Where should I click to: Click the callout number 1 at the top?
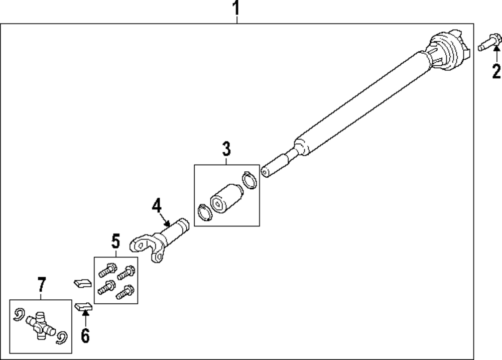pyautogui.click(x=236, y=9)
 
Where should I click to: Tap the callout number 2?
pyautogui.click(x=496, y=72)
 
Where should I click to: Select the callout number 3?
pyautogui.click(x=226, y=149)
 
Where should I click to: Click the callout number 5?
pyautogui.click(x=115, y=243)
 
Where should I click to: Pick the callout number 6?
pyautogui.click(x=85, y=336)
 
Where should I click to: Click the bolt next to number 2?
pyautogui.click(x=487, y=43)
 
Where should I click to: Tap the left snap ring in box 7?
pyautogui.click(x=19, y=314)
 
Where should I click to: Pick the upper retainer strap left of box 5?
pyautogui.click(x=81, y=283)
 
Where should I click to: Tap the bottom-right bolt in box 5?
pyautogui.click(x=124, y=292)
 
